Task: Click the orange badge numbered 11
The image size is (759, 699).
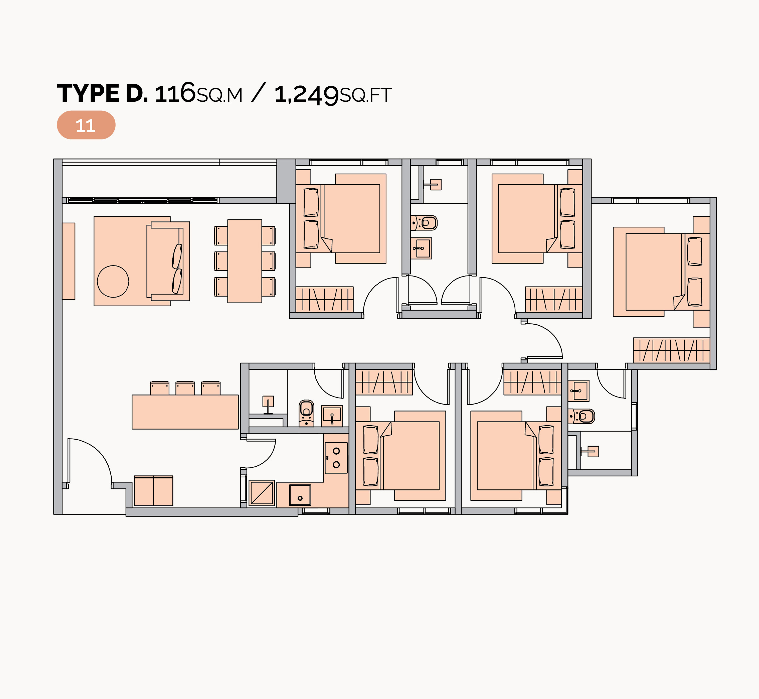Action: [x=86, y=125]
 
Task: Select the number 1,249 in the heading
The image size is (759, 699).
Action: [x=306, y=94]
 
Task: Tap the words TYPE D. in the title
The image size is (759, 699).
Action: [x=103, y=93]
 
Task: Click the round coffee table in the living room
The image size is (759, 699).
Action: [x=113, y=281]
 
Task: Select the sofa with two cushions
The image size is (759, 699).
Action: [x=168, y=261]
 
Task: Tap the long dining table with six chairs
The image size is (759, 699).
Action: [x=244, y=261]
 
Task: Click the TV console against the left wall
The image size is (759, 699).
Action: [x=69, y=261]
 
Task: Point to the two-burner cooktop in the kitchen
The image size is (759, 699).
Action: [x=336, y=458]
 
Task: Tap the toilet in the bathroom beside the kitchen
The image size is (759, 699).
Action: [x=306, y=413]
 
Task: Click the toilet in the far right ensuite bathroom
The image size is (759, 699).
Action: [x=582, y=417]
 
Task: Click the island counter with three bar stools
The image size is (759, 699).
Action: [x=185, y=412]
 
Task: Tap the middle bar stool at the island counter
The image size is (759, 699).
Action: [x=185, y=388]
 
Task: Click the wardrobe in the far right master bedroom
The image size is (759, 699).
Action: [x=671, y=350]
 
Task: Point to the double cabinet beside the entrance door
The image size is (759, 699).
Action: [x=153, y=491]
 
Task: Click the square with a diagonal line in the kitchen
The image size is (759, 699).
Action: [x=261, y=493]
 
